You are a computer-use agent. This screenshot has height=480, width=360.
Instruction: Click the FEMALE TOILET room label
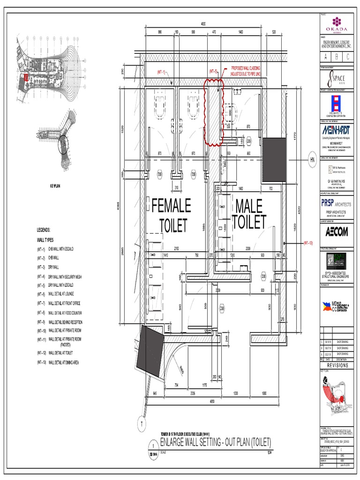coord(172,215)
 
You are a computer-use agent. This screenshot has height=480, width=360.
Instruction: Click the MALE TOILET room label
coord(249,214)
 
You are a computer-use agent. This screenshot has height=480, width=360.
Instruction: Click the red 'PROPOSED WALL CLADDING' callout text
coord(246,71)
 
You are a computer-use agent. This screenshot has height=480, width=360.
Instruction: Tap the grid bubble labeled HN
coord(312,159)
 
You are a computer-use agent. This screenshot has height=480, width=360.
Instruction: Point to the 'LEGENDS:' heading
coord(47,230)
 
